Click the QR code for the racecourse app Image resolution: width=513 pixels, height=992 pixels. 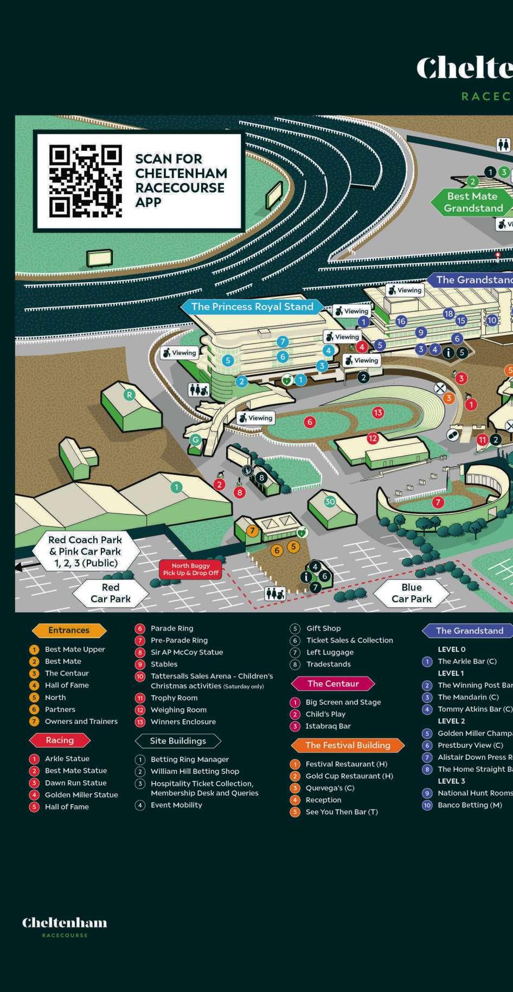85,181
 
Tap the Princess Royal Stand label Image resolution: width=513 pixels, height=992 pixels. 252,307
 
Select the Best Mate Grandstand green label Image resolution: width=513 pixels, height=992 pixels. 472,202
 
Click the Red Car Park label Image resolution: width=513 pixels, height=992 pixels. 111,593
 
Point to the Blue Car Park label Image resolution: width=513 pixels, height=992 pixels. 412,593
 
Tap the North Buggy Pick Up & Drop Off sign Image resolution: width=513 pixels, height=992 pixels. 190,569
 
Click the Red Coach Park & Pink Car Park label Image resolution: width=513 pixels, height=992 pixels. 85,551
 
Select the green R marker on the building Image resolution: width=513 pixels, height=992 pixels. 129,395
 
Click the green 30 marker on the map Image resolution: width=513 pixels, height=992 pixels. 330,501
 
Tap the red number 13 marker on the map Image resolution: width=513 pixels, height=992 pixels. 378,412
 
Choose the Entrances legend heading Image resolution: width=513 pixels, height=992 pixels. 69,631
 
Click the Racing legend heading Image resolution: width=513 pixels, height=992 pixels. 60,740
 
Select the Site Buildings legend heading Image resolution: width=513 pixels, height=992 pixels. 178,741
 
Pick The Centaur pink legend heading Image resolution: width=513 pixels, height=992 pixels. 333,684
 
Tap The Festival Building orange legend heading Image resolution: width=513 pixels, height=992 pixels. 348,746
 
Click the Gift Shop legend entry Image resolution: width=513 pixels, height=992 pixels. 323,628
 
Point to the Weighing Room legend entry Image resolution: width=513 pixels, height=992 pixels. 178,710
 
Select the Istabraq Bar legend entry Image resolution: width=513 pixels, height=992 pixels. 328,726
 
